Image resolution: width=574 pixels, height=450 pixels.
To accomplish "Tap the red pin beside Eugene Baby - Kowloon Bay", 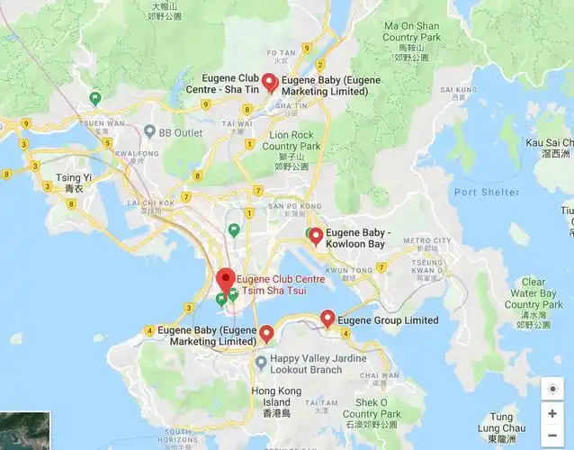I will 316,237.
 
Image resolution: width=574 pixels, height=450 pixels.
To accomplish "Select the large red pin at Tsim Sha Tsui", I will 225,278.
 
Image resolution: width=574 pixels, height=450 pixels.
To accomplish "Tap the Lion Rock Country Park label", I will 292,145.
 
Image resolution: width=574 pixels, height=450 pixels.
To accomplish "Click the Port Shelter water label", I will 487,192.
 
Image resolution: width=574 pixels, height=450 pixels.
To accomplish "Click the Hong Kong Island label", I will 271,401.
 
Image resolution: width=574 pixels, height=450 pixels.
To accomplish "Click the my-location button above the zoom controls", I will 552,389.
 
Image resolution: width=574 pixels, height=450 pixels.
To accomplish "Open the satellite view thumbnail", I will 24,429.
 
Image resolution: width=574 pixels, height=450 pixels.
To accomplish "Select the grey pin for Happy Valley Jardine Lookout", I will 261,363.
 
